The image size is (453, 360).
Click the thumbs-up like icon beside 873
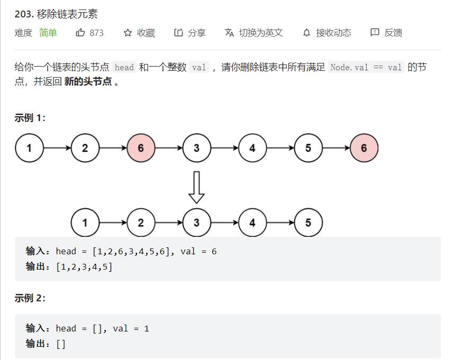pyautogui.click(x=80, y=33)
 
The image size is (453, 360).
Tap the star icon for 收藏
pyautogui.click(x=128, y=33)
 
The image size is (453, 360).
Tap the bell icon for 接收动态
pyautogui.click(x=306, y=33)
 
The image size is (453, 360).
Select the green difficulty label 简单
pyautogui.click(x=48, y=33)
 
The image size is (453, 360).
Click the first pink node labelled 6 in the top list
pyautogui.click(x=141, y=148)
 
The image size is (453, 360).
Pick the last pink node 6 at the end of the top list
pyautogui.click(x=364, y=148)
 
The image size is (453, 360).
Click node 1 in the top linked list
pyautogui.click(x=29, y=148)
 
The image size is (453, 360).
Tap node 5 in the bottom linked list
pyautogui.click(x=308, y=223)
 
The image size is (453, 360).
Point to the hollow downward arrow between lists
pyautogui.click(x=197, y=187)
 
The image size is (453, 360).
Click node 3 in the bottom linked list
pyautogui.click(x=196, y=223)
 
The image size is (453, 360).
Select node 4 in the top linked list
pyautogui.click(x=252, y=148)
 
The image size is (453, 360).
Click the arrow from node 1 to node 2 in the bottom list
pyautogui.click(x=113, y=223)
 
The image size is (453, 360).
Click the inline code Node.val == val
pyautogui.click(x=366, y=68)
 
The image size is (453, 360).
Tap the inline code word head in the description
pyautogui.click(x=124, y=68)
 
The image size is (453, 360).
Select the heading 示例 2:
pyautogui.click(x=30, y=298)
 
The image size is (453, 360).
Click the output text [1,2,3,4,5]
pyautogui.click(x=84, y=266)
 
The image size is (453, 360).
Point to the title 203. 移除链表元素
pyautogui.click(x=56, y=14)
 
